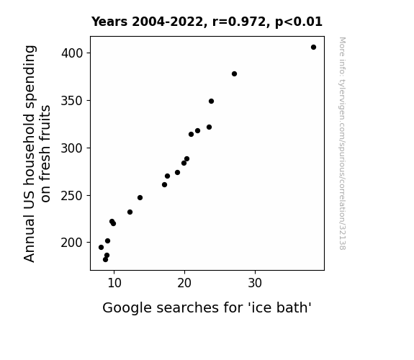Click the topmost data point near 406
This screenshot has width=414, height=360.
[313, 48]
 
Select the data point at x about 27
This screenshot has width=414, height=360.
[234, 73]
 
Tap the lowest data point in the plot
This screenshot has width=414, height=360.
[105, 260]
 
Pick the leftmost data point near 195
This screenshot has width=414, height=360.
[101, 247]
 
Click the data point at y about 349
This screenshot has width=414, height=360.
[211, 101]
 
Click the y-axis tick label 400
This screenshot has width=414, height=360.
[72, 53]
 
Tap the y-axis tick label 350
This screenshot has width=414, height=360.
[72, 101]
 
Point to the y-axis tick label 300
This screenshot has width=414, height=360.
[72, 148]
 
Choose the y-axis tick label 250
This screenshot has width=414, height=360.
[72, 196]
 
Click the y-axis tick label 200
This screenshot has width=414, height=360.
[72, 243]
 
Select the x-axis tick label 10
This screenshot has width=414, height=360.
[114, 283]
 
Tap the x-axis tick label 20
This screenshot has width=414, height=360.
[184, 283]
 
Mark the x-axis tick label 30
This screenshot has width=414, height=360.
[255, 283]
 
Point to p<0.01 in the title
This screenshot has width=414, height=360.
[299, 22]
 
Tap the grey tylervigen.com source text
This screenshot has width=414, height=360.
[342, 143]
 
